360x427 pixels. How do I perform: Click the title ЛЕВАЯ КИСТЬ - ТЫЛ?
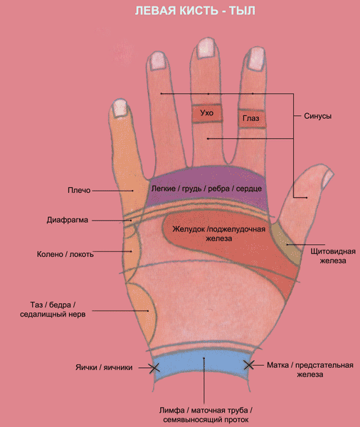(195, 11)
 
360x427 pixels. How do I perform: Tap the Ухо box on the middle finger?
(207, 113)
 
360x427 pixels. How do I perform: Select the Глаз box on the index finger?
(252, 119)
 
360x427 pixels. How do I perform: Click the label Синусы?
(317, 116)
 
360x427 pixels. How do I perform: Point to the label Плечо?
(79, 190)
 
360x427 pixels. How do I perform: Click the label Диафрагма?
(68, 220)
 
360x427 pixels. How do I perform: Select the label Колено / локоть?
(65, 254)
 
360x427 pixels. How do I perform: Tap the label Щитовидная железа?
(333, 256)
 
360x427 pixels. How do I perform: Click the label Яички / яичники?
(104, 367)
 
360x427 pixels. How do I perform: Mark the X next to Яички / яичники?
(154, 368)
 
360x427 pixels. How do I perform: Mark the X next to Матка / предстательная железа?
(248, 364)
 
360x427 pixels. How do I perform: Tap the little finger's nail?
(120, 108)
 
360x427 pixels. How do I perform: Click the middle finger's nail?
(206, 48)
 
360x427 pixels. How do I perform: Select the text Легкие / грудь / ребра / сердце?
(206, 189)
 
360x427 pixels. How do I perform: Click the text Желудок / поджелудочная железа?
(219, 233)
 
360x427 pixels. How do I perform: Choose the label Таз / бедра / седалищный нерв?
(53, 310)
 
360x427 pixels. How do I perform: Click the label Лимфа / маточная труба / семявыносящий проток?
(206, 415)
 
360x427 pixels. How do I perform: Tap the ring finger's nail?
(158, 60)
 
